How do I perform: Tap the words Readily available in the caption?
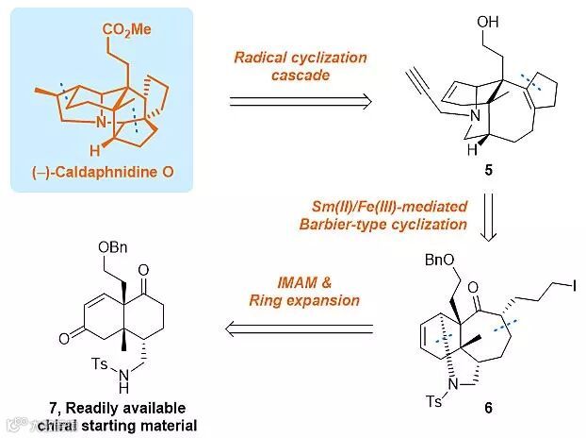click(x=134, y=408)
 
